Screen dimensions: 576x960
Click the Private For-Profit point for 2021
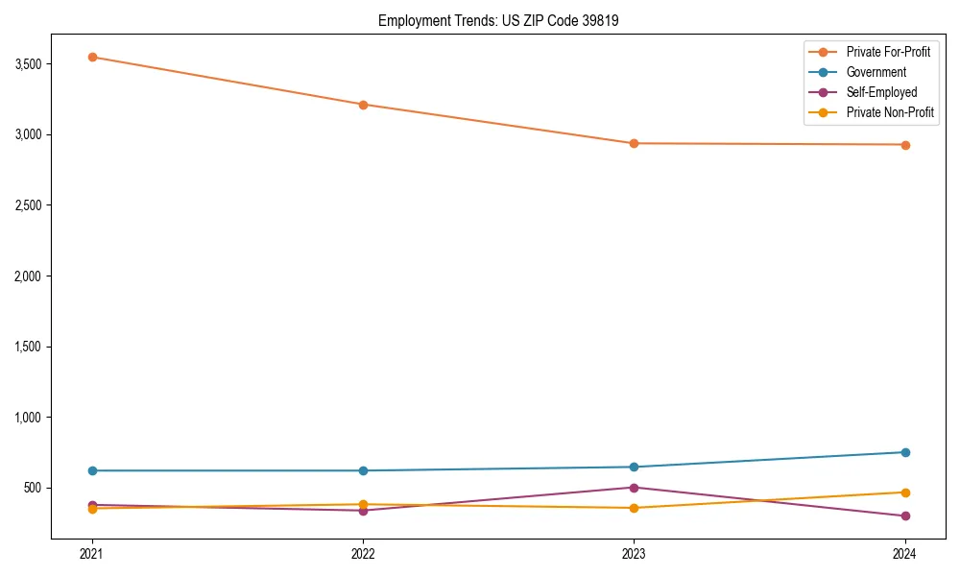click(x=92, y=57)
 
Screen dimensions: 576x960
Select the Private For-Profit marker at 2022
click(x=363, y=105)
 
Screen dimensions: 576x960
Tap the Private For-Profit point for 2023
click(x=634, y=143)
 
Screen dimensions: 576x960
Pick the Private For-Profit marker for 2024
click(x=905, y=145)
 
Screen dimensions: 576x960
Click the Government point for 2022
click(x=363, y=470)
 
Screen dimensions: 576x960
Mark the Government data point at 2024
click(x=905, y=452)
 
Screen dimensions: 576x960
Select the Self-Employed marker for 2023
click(x=634, y=488)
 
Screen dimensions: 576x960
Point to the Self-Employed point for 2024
click(x=905, y=516)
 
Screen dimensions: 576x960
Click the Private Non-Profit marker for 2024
click(x=905, y=492)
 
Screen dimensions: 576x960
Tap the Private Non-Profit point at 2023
click(x=634, y=508)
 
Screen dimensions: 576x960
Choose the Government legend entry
click(x=876, y=72)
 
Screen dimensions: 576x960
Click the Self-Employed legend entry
click(x=881, y=92)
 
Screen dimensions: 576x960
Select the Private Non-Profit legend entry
click(x=890, y=112)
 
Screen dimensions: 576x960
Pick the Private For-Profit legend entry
click(x=888, y=52)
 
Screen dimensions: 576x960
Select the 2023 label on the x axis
click(x=634, y=554)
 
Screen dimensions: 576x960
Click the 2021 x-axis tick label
click(x=92, y=554)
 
